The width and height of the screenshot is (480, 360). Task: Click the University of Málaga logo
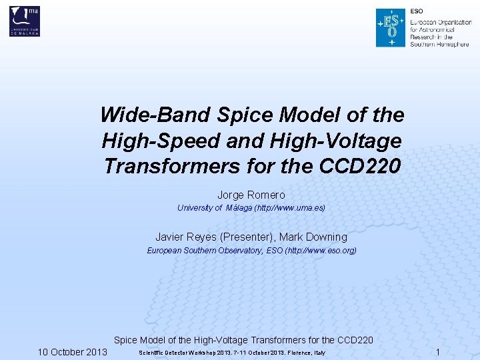(x=25, y=21)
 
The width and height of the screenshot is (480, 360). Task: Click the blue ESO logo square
(x=390, y=28)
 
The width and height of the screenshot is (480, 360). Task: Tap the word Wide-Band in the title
(x=155, y=115)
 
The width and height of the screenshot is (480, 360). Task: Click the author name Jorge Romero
(x=251, y=195)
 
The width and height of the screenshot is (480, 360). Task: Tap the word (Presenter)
(x=246, y=237)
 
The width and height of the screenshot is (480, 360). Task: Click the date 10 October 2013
(x=72, y=352)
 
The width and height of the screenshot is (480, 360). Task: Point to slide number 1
(x=437, y=351)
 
